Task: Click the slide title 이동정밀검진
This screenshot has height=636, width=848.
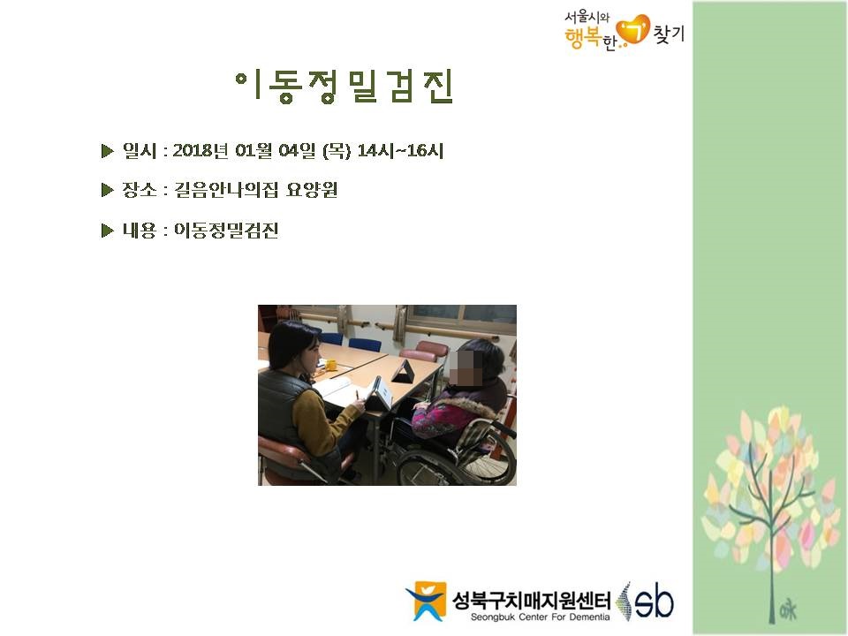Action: [344, 87]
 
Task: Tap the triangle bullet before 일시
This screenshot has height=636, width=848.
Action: [107, 151]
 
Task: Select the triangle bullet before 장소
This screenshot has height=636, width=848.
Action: [107, 190]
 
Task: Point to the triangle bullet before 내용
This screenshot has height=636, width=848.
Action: [107, 231]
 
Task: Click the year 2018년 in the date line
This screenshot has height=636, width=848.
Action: [201, 150]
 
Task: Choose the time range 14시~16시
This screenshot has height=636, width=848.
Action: [400, 150]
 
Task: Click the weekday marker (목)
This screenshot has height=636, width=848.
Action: [337, 150]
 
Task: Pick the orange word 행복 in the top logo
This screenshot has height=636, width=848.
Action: [583, 38]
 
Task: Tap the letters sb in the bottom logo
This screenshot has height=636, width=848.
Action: [655, 602]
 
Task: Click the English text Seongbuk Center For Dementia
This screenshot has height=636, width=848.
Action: [540, 617]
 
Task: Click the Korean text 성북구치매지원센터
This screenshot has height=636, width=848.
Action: [531, 600]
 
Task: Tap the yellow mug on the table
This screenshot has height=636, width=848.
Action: [330, 365]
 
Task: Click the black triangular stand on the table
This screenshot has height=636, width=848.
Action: [404, 372]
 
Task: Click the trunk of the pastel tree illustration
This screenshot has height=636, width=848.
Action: [773, 568]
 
